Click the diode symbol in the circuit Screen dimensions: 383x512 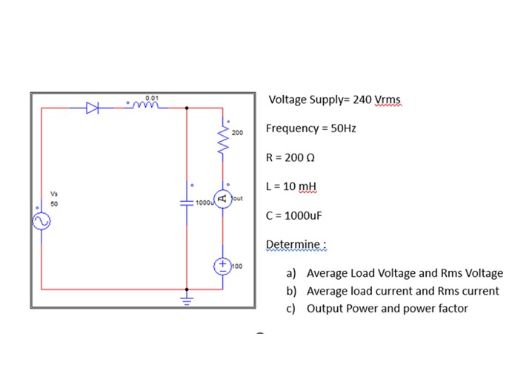click(x=92, y=108)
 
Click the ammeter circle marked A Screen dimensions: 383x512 click(x=222, y=198)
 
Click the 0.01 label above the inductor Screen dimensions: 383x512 click(x=152, y=97)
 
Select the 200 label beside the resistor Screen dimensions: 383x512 click(x=236, y=132)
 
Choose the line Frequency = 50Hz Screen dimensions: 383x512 click(x=311, y=128)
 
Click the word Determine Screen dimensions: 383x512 click(x=296, y=244)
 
